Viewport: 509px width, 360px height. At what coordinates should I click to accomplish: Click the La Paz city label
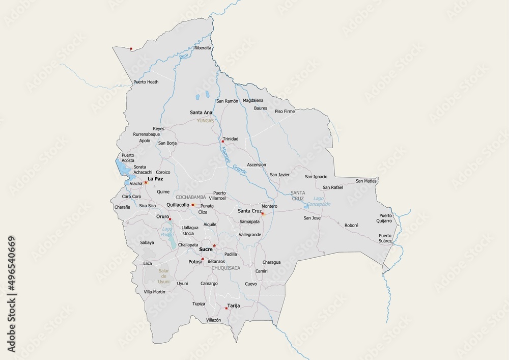(x=155, y=179)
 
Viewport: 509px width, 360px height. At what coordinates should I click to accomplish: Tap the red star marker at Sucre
(x=214, y=245)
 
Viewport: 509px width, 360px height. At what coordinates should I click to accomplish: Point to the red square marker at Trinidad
(x=222, y=142)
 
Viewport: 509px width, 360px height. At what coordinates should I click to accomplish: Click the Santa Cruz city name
(x=249, y=210)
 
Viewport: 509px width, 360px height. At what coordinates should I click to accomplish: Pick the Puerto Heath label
(x=146, y=81)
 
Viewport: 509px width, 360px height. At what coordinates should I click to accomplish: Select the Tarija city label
(x=233, y=306)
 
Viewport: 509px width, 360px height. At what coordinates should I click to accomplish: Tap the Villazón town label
(x=213, y=320)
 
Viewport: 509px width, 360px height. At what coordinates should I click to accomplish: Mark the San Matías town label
(x=366, y=181)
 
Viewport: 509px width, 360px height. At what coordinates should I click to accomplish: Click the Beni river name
(x=184, y=57)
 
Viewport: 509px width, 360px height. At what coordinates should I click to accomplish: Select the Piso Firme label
(x=285, y=111)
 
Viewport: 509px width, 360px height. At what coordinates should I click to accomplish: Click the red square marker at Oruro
(x=171, y=219)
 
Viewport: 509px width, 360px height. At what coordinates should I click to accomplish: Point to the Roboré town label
(x=352, y=225)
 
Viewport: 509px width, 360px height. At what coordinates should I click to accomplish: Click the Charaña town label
(x=123, y=207)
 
